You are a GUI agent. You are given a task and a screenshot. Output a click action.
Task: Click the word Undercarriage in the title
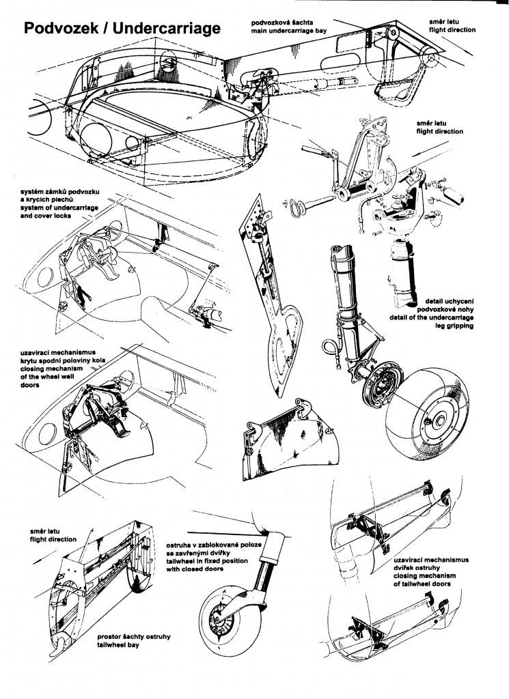tap(167, 28)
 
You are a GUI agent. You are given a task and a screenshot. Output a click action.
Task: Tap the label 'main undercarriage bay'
tap(288, 31)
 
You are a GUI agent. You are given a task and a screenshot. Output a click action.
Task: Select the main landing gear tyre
tap(428, 414)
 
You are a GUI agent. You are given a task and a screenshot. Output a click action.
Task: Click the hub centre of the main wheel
tap(440, 420)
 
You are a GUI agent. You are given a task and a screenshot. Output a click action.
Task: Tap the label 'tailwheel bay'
tap(118, 644)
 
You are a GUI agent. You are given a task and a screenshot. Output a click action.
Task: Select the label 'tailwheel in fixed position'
tap(207, 561)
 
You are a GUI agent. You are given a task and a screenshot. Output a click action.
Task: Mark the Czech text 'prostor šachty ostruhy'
tap(134, 637)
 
